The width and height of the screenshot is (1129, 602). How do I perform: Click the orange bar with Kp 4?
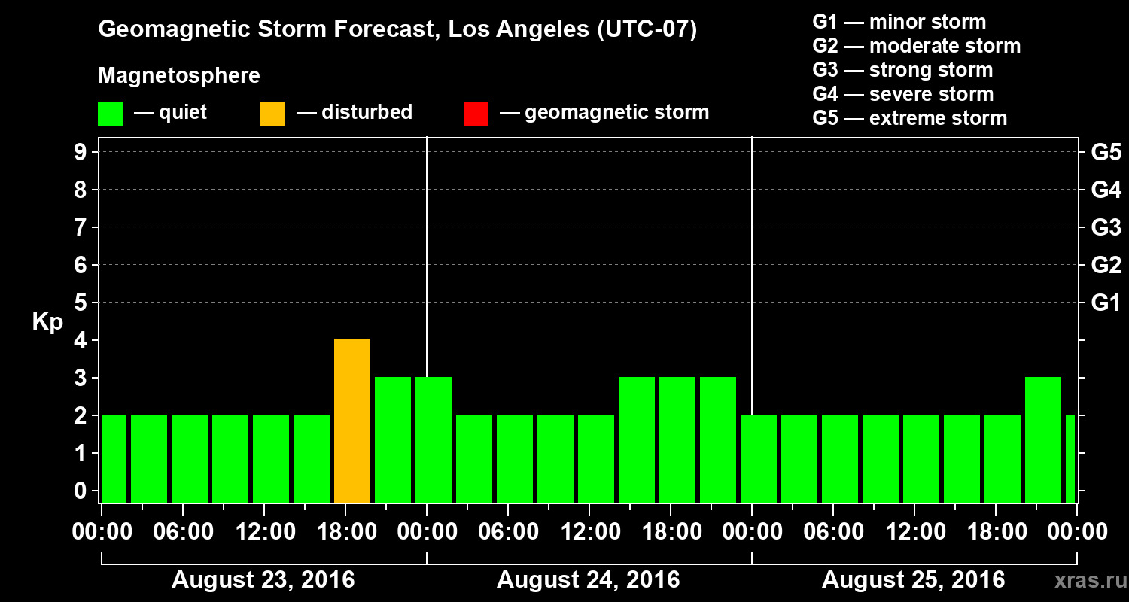[352, 421]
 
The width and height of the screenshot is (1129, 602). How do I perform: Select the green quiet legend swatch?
[110, 113]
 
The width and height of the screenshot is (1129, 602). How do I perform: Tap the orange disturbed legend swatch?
[272, 113]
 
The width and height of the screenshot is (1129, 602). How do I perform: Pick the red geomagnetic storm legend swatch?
[476, 113]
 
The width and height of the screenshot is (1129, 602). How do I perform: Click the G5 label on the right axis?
[1106, 152]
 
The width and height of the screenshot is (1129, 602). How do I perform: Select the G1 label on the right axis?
[1106, 303]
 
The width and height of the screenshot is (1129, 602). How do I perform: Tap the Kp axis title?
[47, 322]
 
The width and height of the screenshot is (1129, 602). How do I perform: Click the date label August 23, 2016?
[263, 580]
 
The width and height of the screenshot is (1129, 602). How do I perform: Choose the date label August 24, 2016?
[589, 580]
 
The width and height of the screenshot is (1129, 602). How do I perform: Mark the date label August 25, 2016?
[913, 580]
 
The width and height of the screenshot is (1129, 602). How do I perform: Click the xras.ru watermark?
[1085, 580]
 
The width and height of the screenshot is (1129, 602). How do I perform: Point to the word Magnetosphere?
[179, 76]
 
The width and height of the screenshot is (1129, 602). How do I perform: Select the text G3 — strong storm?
[902, 70]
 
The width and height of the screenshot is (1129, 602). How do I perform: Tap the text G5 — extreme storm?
[909, 118]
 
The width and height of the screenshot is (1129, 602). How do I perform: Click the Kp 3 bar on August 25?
[1043, 439]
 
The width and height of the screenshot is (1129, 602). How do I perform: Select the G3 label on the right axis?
[1106, 227]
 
